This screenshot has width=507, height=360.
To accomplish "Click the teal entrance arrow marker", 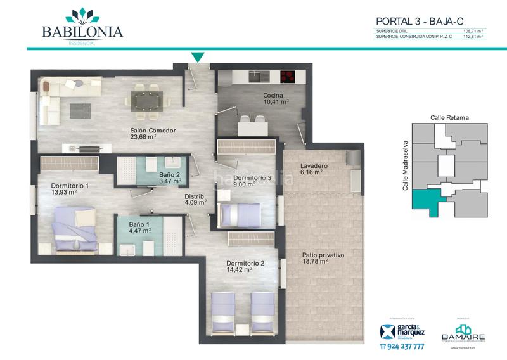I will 198,58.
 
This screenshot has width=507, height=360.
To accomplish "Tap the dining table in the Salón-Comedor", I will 146,100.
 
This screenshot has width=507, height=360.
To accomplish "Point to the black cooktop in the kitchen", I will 288,77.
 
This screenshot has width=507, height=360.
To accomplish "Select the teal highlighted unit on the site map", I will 427,202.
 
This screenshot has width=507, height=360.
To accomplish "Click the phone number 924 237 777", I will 402,347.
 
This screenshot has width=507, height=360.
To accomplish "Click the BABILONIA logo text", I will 82,31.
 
